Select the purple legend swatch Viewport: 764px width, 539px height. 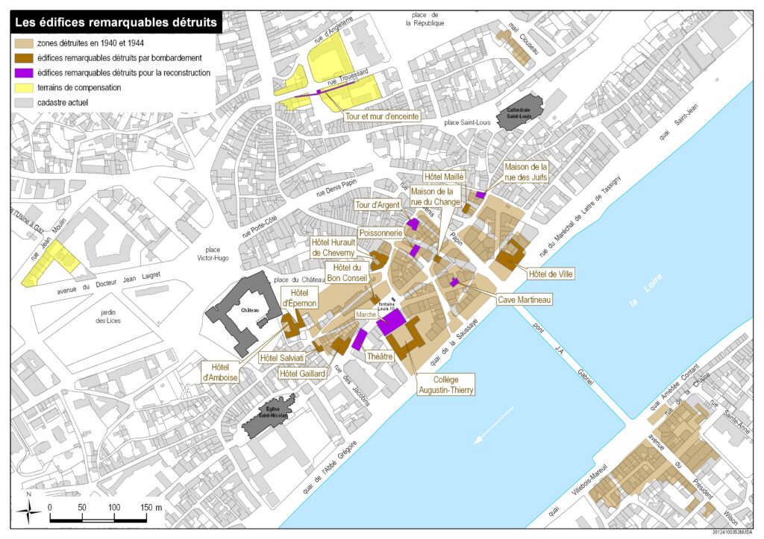(x=25, y=73)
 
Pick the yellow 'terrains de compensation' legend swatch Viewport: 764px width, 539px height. (x=25, y=87)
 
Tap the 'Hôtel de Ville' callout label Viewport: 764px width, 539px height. (x=551, y=274)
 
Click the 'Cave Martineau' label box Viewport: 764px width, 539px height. (x=525, y=300)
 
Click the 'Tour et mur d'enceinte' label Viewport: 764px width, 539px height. (x=381, y=116)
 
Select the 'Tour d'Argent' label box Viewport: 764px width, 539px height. (x=378, y=204)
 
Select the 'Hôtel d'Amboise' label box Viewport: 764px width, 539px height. (x=225, y=372)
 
